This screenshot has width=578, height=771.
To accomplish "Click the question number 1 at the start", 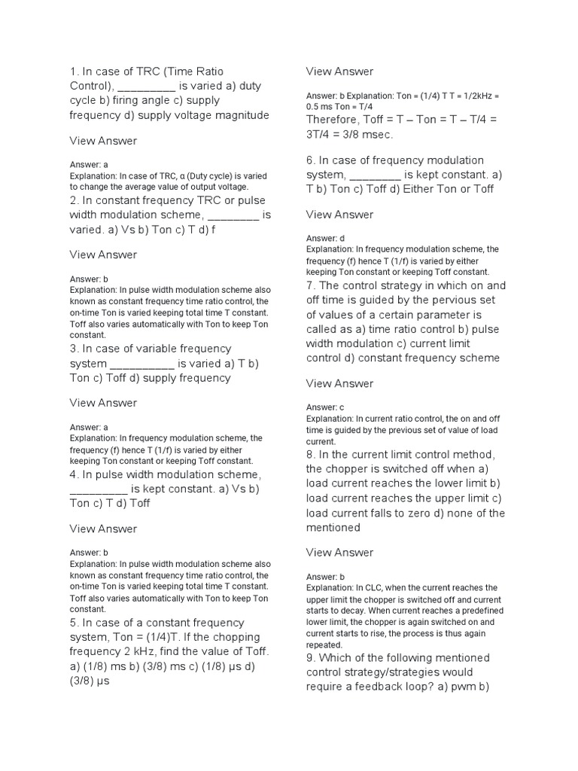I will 73,72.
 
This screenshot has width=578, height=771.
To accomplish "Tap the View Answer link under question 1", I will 103,141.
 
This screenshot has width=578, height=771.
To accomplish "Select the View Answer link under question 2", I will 103,254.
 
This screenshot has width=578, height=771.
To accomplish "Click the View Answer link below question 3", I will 103,403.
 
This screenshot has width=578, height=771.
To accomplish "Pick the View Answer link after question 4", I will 103,529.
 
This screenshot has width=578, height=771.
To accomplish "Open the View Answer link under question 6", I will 339,215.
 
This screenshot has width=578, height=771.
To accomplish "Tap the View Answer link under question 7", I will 339,383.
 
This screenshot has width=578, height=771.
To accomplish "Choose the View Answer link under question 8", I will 339,553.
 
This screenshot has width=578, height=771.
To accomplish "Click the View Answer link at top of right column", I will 339,72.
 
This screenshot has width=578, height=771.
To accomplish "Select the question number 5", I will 73,623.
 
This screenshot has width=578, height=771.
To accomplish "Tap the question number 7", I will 309,285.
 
